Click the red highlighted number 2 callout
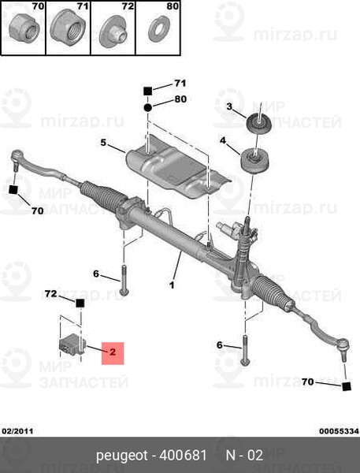[113, 353]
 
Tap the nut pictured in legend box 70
[24, 30]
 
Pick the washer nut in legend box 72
[114, 32]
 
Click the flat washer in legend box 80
[158, 29]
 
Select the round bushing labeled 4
[254, 161]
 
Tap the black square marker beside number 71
[147, 91]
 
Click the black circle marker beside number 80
[147, 107]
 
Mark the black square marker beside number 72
[80, 304]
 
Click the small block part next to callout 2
[72, 346]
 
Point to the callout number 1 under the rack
[172, 285]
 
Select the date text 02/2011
[17, 431]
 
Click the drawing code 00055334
[340, 431]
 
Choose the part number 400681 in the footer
[183, 455]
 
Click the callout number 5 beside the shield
[103, 142]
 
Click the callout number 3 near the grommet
[229, 106]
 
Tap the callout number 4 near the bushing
[222, 140]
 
